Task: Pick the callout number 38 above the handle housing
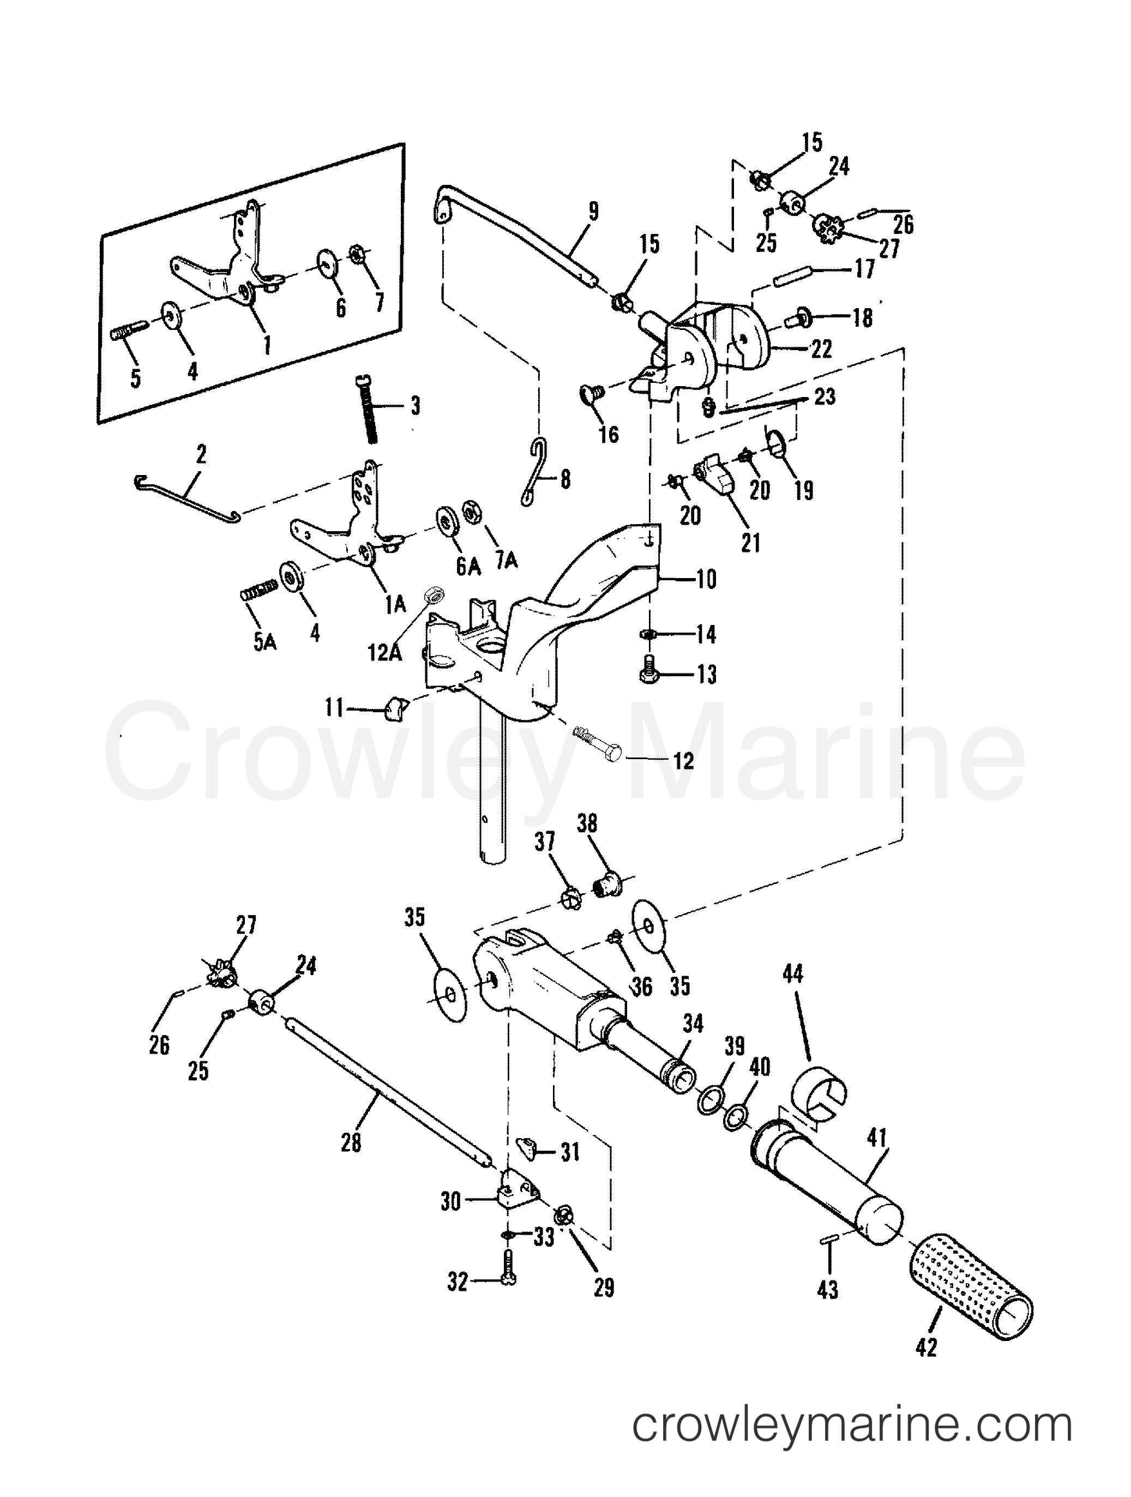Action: [x=587, y=823]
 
